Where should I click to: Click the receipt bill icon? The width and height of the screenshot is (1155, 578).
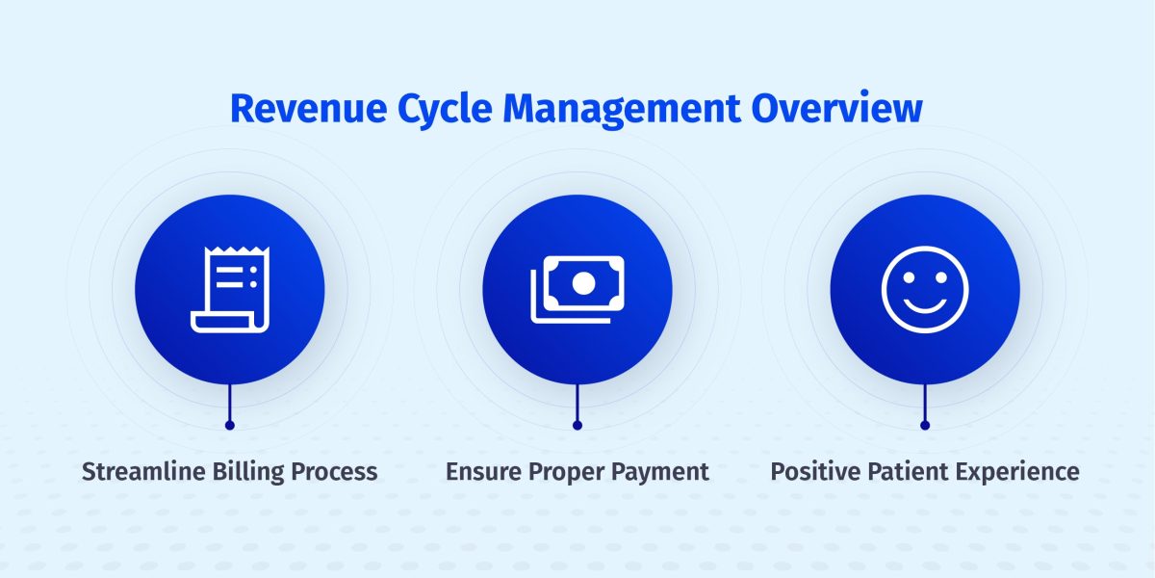tap(229, 290)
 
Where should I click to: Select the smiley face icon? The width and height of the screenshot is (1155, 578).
tap(925, 289)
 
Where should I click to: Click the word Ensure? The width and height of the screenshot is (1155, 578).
tap(484, 472)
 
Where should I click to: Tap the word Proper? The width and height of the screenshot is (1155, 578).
tap(568, 472)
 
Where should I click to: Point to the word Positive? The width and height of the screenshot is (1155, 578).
tap(813, 472)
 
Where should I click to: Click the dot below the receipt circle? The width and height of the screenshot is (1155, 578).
tap(229, 425)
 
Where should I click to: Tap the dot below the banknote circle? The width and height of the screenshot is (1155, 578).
tap(577, 425)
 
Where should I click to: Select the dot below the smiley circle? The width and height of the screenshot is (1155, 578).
tap(925, 425)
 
